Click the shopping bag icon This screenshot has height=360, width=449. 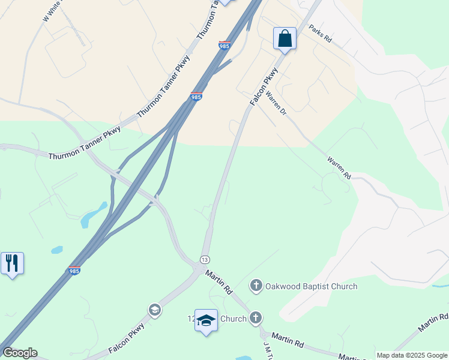(x=285, y=38)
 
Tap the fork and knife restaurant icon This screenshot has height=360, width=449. (x=12, y=263)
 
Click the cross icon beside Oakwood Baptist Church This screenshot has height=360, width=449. (x=256, y=286)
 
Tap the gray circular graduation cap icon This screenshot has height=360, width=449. (x=154, y=310)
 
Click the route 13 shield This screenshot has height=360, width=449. (x=205, y=259)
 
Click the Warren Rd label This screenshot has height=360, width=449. (x=339, y=169)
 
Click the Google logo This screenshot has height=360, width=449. (x=19, y=353)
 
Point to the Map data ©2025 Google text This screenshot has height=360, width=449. (x=412, y=355)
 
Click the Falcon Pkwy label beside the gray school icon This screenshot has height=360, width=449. (x=128, y=338)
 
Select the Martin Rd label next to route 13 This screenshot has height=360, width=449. (x=218, y=281)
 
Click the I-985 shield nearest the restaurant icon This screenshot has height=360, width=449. (x=74, y=271)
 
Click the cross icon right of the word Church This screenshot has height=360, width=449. (x=256, y=318)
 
